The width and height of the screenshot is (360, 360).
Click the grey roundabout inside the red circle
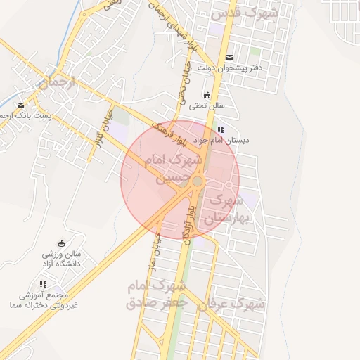coord(198,181)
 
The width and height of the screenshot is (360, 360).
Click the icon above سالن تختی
coord(207,96)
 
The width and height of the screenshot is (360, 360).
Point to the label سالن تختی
coord(206,106)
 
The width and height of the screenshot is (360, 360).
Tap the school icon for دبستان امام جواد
coord(221,129)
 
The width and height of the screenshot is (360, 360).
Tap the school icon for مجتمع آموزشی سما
coord(44,284)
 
